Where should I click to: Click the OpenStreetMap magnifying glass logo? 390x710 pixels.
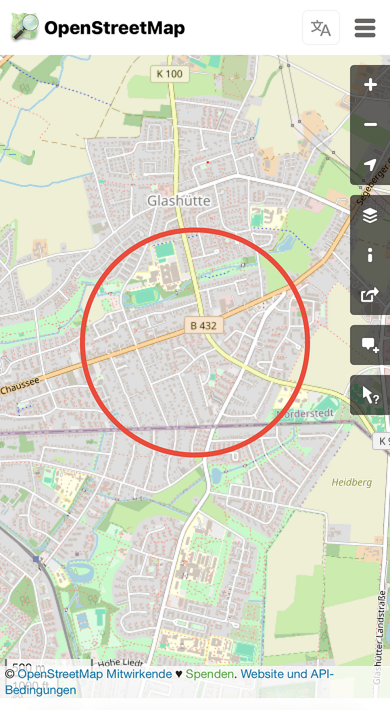click(24, 28)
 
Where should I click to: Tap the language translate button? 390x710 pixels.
click(321, 28)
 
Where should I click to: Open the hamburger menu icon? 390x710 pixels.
click(365, 28)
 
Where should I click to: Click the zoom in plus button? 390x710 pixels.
click(370, 85)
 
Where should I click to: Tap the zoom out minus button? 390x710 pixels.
click(370, 125)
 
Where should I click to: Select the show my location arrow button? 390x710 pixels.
click(370, 164)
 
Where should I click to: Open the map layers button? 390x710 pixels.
click(370, 215)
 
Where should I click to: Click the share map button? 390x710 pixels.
click(370, 295)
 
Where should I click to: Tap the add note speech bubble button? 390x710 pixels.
click(370, 344)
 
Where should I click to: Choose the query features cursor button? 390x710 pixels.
click(370, 395)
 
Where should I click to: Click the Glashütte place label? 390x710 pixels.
click(179, 200)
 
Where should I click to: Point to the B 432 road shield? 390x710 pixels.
click(204, 325)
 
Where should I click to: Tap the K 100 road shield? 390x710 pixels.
click(170, 74)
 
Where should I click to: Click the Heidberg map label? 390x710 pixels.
click(352, 482)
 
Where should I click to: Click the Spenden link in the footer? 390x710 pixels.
click(209, 674)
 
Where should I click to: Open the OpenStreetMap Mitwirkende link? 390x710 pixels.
click(95, 674)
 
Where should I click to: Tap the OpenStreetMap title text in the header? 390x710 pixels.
click(114, 28)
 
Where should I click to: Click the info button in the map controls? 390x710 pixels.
click(370, 255)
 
